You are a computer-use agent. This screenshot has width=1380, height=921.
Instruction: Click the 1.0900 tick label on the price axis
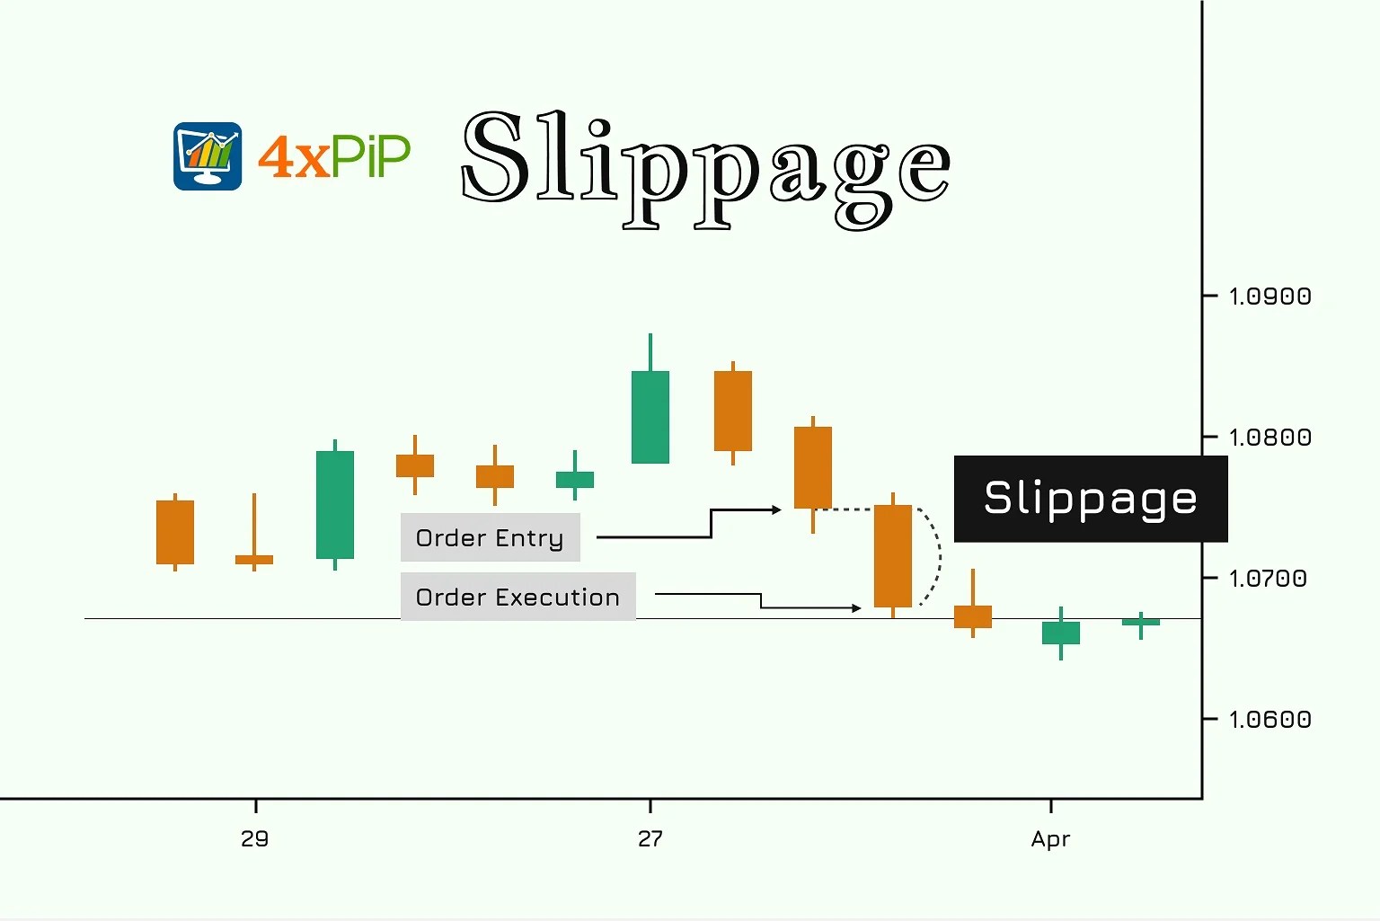pyautogui.click(x=1269, y=297)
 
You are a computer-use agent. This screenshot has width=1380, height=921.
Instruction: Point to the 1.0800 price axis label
pyautogui.click(x=1269, y=438)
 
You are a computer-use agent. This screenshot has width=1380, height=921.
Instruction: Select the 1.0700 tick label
pyautogui.click(x=1268, y=579)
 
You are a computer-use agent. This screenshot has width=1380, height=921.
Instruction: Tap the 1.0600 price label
pyautogui.click(x=1269, y=720)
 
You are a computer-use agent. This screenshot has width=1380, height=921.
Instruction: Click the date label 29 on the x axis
pyautogui.click(x=255, y=839)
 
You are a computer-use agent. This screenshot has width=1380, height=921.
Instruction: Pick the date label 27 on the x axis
pyautogui.click(x=650, y=839)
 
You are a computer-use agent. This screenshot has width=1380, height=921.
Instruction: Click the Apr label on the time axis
pyautogui.click(x=1050, y=839)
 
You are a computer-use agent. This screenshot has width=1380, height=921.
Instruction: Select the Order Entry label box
pyautogui.click(x=490, y=537)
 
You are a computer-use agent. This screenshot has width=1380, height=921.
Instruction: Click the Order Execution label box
pyautogui.click(x=517, y=597)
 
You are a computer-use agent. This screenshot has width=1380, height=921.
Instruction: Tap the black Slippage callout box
pyautogui.click(x=1090, y=499)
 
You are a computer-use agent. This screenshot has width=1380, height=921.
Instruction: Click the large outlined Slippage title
pyautogui.click(x=705, y=166)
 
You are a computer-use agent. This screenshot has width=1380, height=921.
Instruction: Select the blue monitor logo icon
pyautogui.click(x=208, y=156)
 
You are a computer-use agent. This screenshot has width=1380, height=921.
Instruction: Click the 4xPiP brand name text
pyautogui.click(x=334, y=156)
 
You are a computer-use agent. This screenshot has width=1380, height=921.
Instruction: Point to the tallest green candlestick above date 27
pyautogui.click(x=650, y=416)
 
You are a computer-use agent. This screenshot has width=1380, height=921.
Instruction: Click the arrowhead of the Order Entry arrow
pyautogui.click(x=777, y=510)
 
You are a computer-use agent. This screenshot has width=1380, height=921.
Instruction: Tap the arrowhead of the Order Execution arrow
pyautogui.click(x=857, y=608)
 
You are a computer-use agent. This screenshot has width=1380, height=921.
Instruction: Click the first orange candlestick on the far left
pyautogui.click(x=175, y=532)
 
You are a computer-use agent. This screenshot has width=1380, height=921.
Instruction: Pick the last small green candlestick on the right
pyautogui.click(x=1140, y=622)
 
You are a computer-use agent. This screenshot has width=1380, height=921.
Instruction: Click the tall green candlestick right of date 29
pyautogui.click(x=335, y=504)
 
